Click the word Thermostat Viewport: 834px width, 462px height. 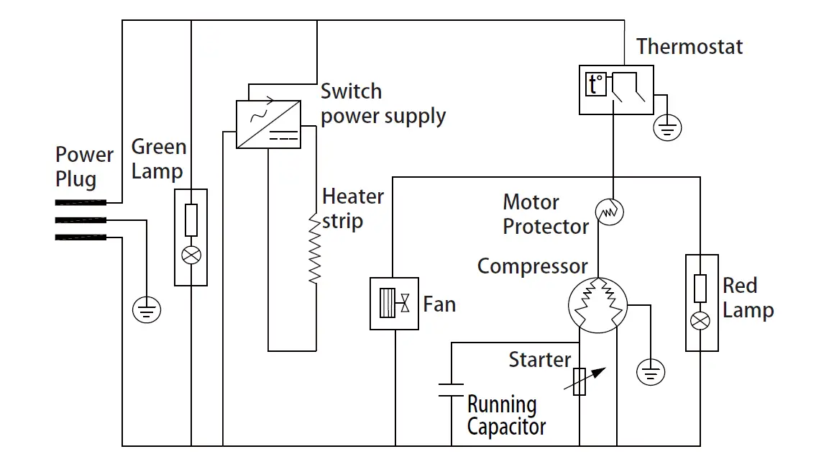689,47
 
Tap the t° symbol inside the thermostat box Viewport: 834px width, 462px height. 596,84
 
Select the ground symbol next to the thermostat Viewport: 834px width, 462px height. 667,128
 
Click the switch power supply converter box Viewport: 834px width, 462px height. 269,124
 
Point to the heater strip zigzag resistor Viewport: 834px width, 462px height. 315,248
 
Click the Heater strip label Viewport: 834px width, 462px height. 352,209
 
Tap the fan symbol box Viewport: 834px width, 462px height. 394,304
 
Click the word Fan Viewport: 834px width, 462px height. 439,304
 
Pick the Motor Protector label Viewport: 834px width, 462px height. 546,214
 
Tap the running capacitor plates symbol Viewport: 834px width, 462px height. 451,390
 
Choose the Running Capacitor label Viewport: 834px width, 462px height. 506,416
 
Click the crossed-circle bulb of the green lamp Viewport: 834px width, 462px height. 191,255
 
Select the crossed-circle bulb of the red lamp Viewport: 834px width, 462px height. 700,321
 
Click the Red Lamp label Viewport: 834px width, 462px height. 748,298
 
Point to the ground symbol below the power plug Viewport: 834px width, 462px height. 146,309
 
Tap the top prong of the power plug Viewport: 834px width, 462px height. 81,202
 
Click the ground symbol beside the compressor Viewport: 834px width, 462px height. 651,372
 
